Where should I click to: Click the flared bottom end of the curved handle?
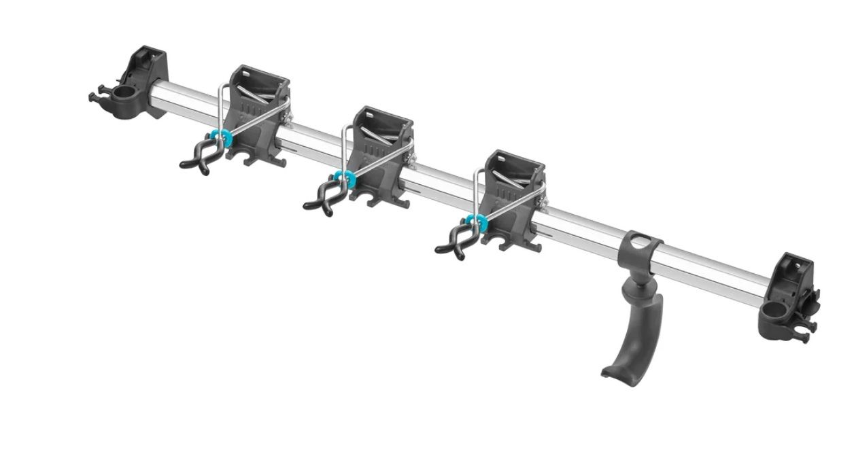[x=615, y=371]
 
